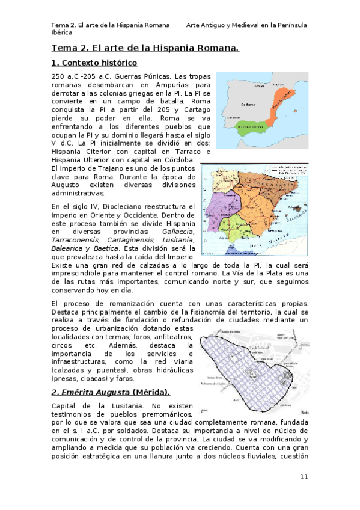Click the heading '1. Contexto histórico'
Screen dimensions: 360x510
pos(94,63)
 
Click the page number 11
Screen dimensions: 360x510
pos(304,477)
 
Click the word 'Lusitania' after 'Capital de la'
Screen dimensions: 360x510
pos(114,406)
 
